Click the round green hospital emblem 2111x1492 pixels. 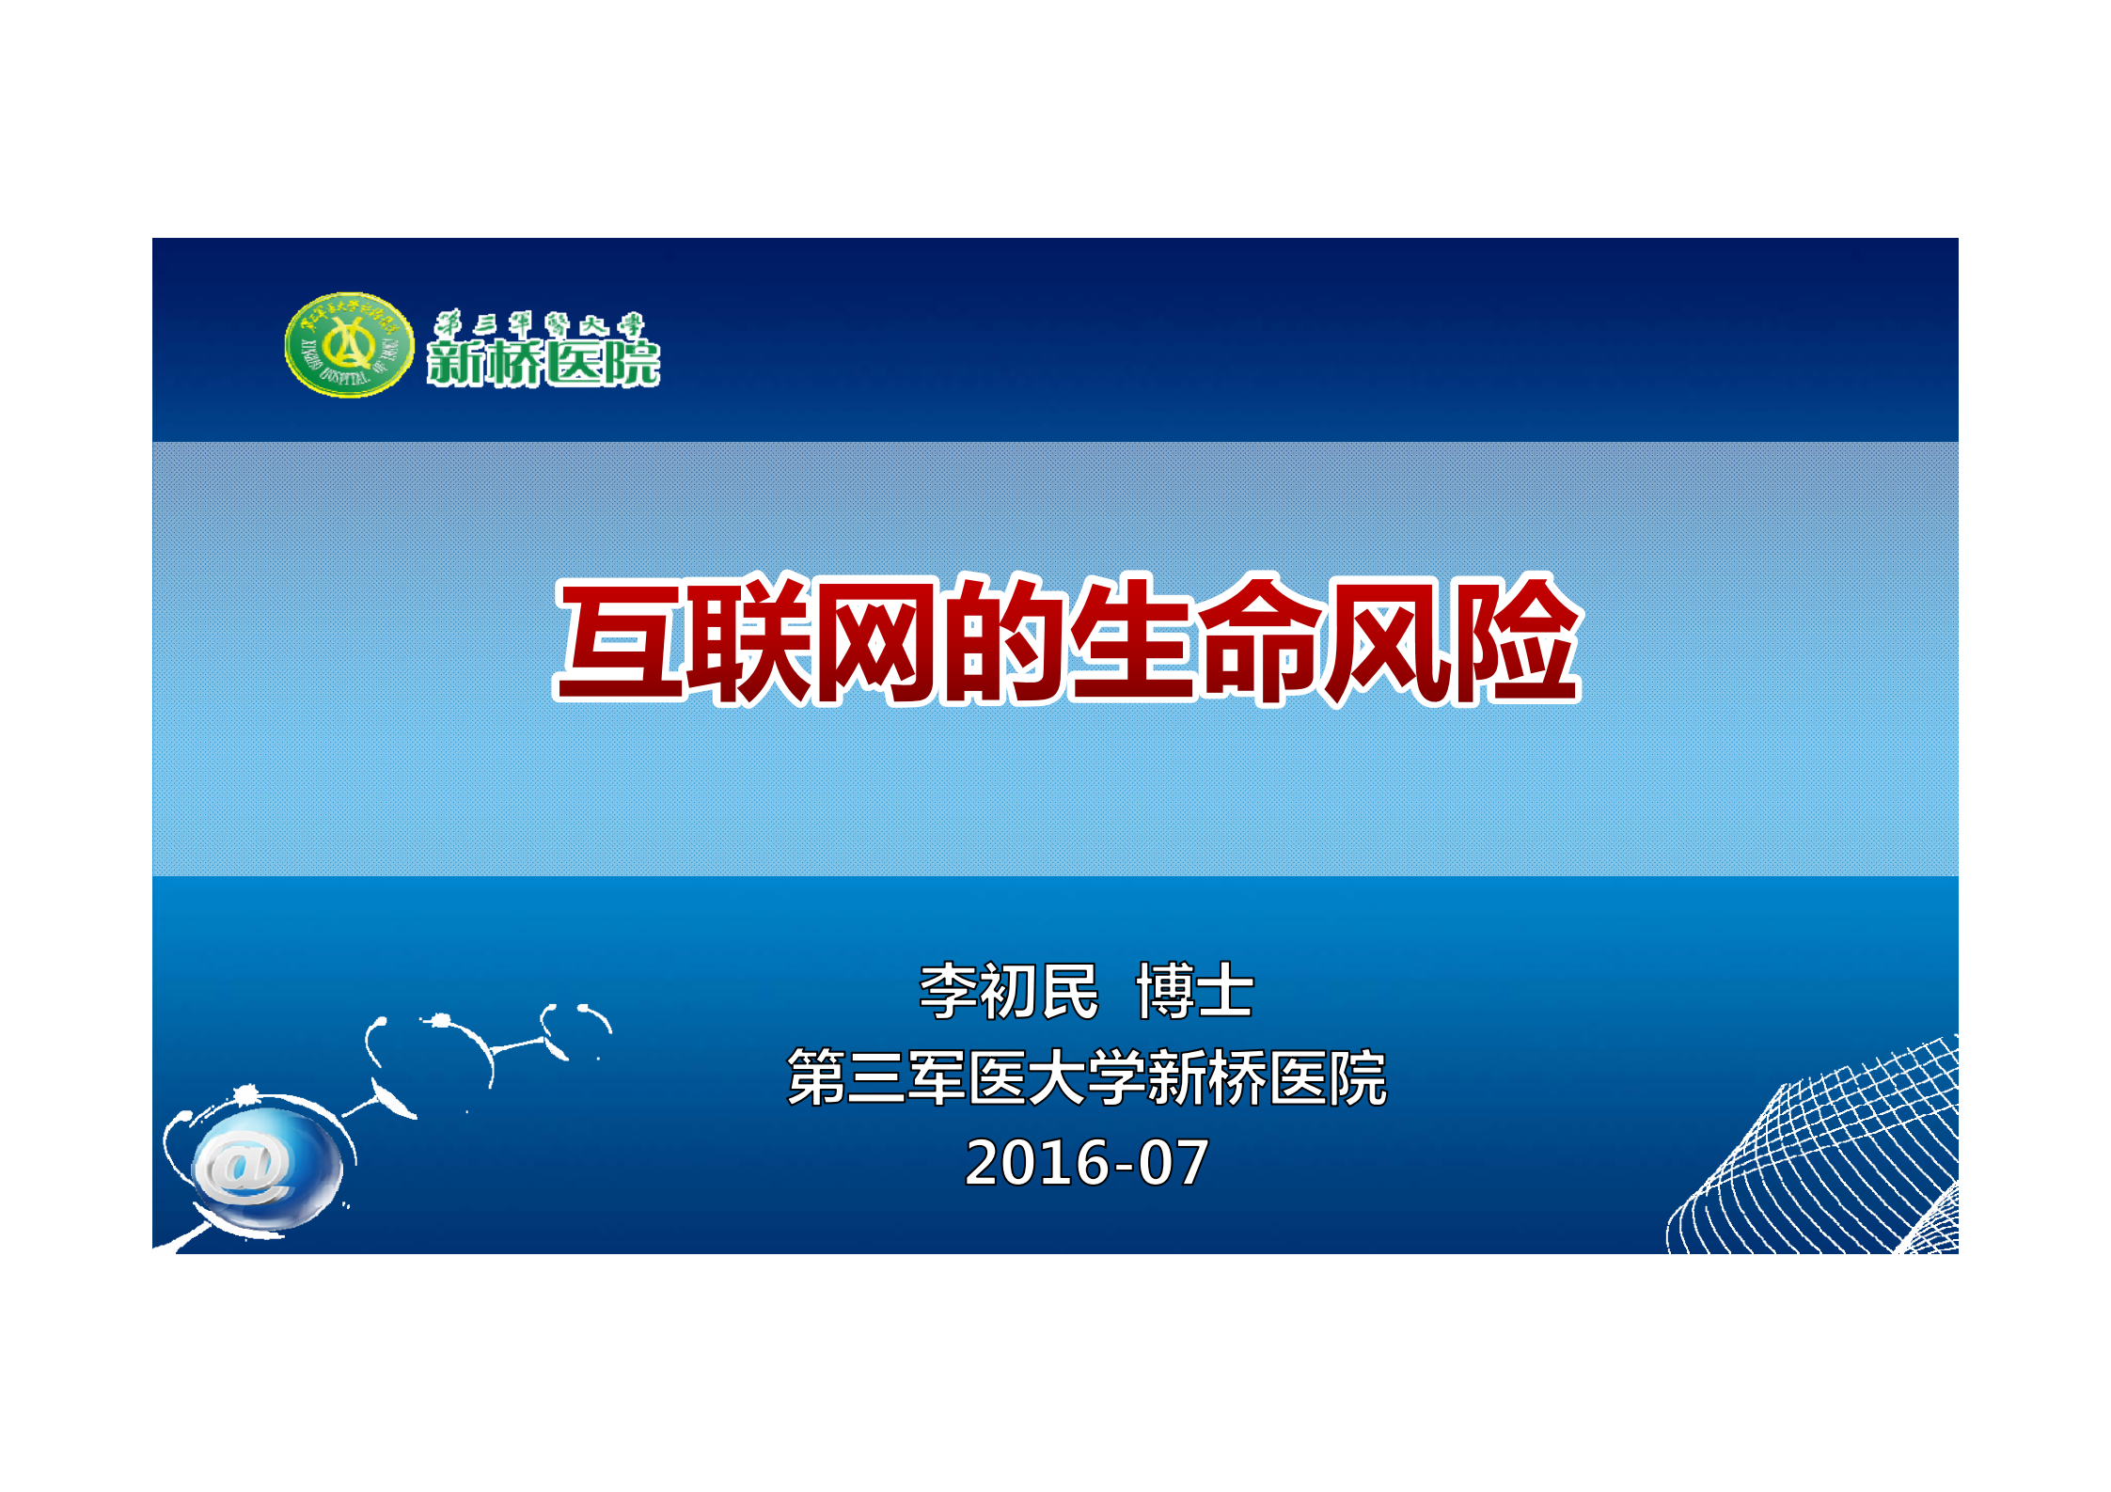click(x=349, y=345)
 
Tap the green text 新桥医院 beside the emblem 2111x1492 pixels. click(x=544, y=363)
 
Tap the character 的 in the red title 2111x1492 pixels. click(x=1004, y=641)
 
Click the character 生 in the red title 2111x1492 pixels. click(x=1132, y=641)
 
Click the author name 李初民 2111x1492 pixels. click(x=1008, y=992)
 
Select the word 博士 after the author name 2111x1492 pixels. click(x=1194, y=992)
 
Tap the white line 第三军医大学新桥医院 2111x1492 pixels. click(x=1086, y=1077)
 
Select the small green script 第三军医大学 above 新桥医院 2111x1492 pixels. click(x=539, y=325)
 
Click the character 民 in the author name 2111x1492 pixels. click(x=1069, y=992)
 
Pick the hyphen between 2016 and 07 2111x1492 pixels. click(x=1122, y=1166)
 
